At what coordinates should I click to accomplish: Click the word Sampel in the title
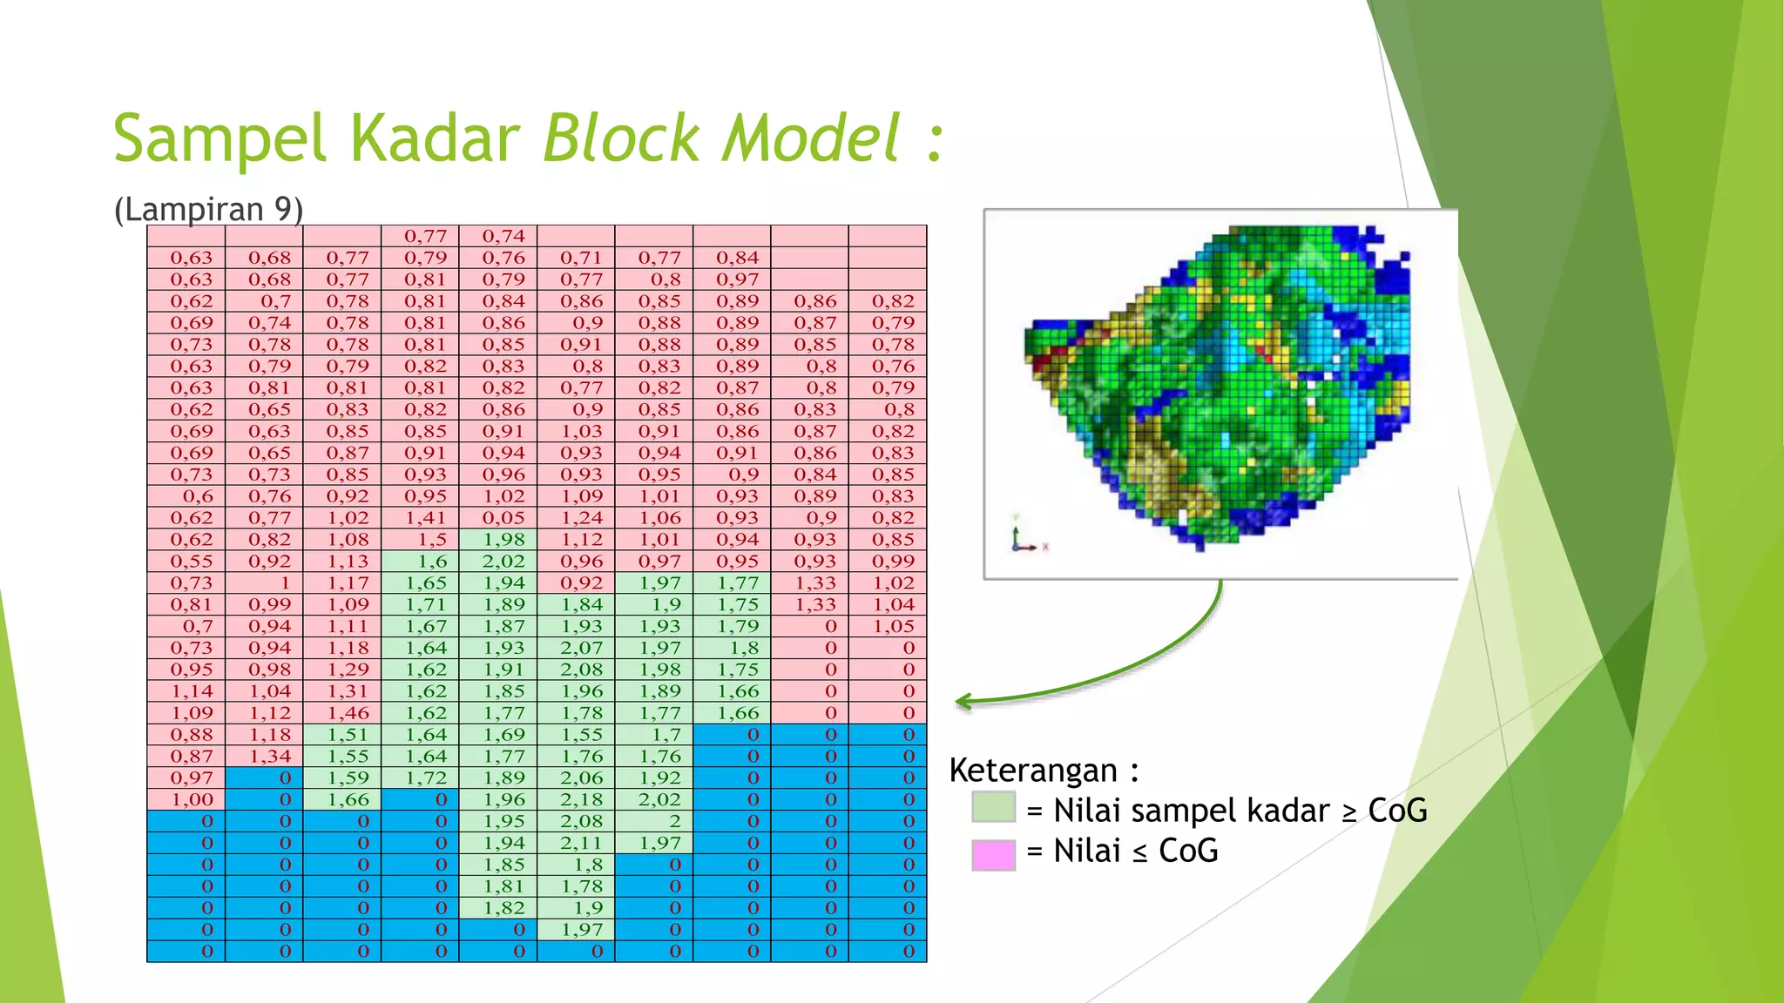[220, 139]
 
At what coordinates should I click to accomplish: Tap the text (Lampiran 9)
[208, 210]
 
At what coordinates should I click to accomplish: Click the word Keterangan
[1033, 771]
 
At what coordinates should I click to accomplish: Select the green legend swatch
[993, 807]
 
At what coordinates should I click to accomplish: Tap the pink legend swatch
[993, 854]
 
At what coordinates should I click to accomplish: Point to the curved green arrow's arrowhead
[962, 701]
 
